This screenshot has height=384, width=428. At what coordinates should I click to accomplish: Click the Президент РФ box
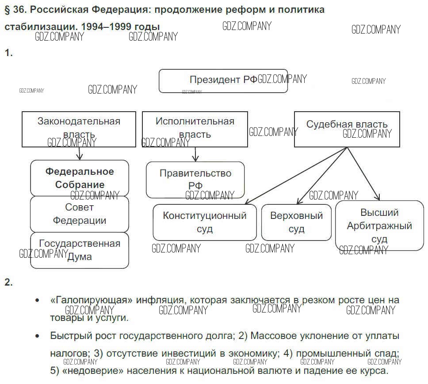[223, 81]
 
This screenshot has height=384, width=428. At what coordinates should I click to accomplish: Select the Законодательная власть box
[79, 129]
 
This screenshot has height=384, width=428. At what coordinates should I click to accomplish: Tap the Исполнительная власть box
[195, 129]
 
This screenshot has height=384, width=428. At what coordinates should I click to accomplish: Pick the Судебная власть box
[347, 129]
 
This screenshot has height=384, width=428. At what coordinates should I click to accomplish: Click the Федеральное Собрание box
[80, 178]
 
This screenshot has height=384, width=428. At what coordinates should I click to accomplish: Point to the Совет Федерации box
[80, 214]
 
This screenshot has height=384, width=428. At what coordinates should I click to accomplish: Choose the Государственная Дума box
[80, 250]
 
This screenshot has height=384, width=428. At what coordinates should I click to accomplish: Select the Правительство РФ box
[195, 179]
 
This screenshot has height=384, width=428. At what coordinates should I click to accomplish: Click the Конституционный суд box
[205, 222]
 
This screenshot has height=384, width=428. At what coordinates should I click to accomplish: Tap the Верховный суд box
[296, 222]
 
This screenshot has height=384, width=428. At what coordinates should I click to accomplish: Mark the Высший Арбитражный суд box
[379, 225]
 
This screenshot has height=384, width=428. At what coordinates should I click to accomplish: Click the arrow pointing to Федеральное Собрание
[79, 153]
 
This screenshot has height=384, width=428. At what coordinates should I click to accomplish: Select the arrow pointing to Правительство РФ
[195, 154]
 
